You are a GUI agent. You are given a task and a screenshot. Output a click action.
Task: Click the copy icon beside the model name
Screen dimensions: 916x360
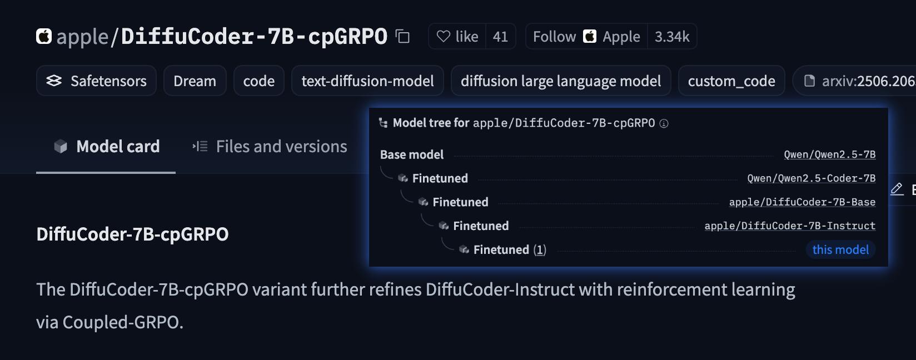[x=402, y=37]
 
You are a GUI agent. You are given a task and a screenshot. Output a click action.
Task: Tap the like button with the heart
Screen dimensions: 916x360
[x=457, y=37]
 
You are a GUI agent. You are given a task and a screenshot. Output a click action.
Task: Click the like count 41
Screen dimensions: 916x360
[x=500, y=37]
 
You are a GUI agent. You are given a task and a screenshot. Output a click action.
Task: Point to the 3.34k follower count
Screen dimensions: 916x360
[x=671, y=37]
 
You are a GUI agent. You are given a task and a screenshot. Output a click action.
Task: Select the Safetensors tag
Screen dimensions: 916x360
[x=96, y=81]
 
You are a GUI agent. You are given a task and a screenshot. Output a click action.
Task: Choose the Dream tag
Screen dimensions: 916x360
[x=195, y=81]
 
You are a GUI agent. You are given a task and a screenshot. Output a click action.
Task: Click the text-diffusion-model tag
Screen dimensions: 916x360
[x=367, y=81]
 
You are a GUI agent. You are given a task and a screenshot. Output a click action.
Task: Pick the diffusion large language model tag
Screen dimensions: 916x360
[x=561, y=81]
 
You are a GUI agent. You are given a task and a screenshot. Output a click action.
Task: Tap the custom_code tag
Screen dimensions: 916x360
[x=731, y=81]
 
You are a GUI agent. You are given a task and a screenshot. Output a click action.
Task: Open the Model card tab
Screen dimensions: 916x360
[x=106, y=147]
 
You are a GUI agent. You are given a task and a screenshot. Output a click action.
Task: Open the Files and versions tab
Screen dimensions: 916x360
[x=270, y=147]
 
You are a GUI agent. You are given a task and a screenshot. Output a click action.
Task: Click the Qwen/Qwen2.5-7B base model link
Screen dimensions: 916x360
[x=829, y=154]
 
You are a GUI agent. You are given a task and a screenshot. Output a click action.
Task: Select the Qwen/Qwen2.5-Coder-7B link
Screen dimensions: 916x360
[x=811, y=178]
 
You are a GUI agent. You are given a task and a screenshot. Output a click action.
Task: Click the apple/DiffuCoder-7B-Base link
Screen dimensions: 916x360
[x=801, y=202]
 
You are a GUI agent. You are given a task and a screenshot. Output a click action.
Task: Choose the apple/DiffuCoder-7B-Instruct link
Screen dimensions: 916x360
[x=789, y=226]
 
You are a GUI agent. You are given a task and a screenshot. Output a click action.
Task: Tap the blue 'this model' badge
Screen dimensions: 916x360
[x=840, y=250]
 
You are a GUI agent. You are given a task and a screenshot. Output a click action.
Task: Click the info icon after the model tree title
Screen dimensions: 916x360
[x=664, y=123]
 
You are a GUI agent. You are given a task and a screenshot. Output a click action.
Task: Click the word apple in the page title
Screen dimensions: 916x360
[x=82, y=37]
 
